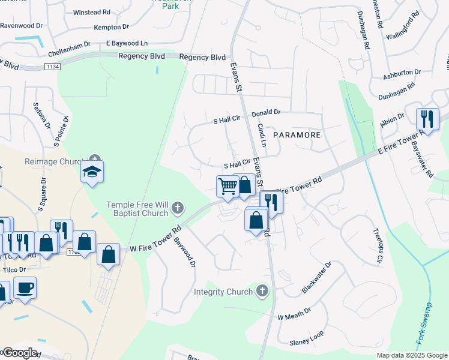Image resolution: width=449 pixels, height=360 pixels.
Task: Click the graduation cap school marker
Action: [92, 172]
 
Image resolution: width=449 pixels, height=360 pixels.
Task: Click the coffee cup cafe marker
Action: [25, 288]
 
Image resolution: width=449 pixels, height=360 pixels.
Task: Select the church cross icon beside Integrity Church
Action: [262, 292]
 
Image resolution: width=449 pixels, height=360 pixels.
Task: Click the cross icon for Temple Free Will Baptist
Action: [176, 209]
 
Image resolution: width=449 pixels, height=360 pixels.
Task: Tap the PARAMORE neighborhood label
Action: [297, 135]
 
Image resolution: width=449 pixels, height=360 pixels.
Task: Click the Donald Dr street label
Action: [266, 112]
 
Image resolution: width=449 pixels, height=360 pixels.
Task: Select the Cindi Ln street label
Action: [262, 135]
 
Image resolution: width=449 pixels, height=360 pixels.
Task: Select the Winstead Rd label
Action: [91, 12]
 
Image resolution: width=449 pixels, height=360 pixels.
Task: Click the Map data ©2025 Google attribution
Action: [411, 355]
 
